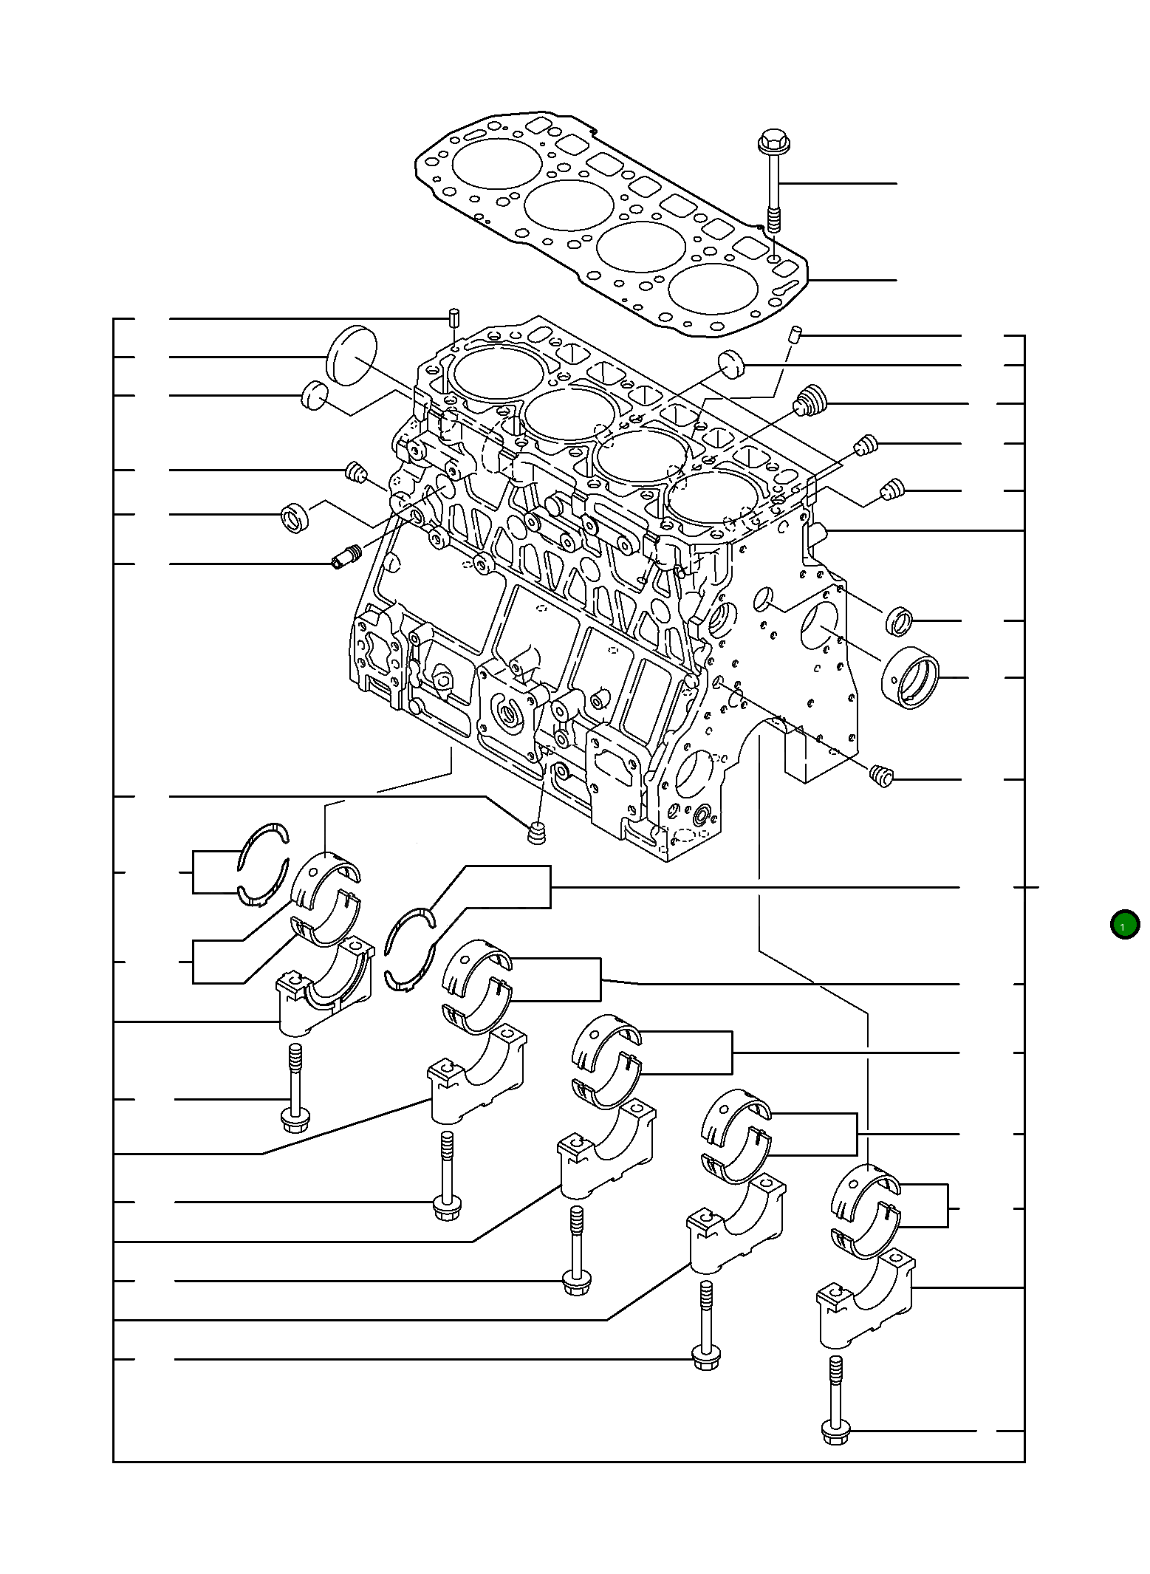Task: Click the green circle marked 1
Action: (1124, 925)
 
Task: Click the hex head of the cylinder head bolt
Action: (773, 140)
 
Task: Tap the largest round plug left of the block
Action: (352, 355)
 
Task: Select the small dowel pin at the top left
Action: (454, 318)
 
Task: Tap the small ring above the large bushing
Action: (898, 620)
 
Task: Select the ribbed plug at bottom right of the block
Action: (882, 776)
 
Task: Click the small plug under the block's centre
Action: (538, 832)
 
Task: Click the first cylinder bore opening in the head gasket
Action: (496, 162)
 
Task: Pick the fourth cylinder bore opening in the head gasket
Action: (713, 287)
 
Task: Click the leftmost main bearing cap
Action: (325, 990)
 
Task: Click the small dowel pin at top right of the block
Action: (795, 334)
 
